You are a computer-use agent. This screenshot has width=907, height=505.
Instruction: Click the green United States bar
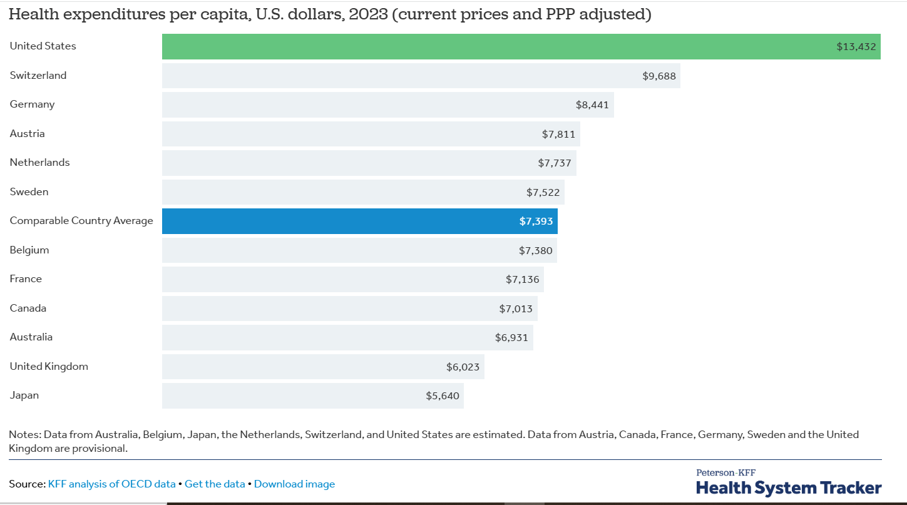pos(501,46)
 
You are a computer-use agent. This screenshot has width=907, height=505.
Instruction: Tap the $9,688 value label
pos(659,76)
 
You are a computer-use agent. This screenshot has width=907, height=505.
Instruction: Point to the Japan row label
pos(24,395)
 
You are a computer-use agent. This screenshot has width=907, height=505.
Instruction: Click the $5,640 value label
pos(443,395)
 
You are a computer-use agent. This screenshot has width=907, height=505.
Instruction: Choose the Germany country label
pos(32,105)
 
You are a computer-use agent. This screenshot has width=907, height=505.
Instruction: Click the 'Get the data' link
pos(215,484)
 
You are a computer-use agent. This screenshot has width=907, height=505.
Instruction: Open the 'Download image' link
pos(294,484)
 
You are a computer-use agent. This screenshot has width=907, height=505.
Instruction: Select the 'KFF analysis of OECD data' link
pos(111,484)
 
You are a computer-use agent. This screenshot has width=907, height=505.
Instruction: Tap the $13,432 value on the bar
pos(856,46)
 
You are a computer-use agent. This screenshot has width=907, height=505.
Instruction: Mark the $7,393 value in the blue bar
pos(536,221)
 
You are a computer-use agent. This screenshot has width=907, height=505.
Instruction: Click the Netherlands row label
pos(39,163)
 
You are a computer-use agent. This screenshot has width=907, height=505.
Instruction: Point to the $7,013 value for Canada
pos(516,309)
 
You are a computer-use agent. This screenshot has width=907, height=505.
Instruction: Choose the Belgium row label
pos(29,250)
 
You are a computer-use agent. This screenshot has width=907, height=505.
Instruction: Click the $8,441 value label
pos(592,105)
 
